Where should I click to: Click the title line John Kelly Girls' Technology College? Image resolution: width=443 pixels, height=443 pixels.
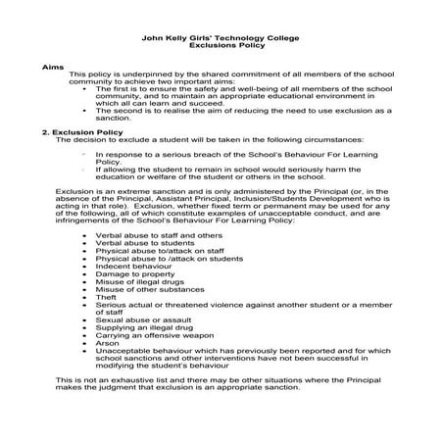tap(221, 38)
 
